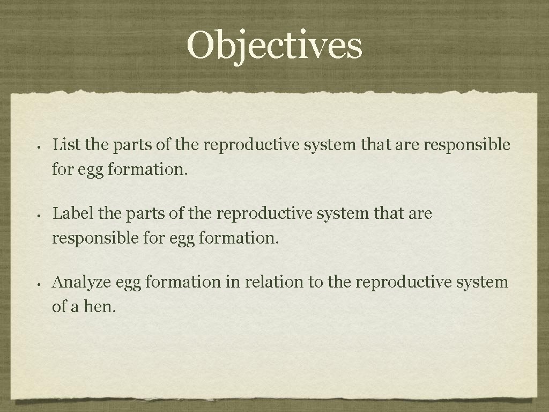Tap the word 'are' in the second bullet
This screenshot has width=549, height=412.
click(420, 214)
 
